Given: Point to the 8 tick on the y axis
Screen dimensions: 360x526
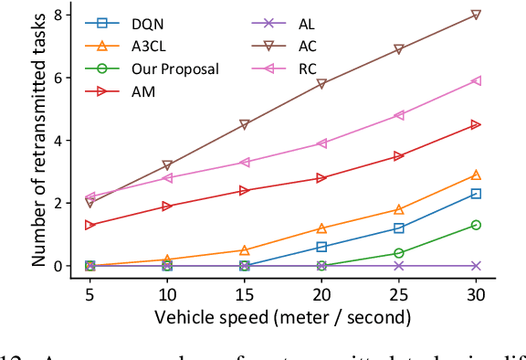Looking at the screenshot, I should click(60, 15).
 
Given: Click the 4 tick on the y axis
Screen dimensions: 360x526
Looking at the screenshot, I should click(60, 141).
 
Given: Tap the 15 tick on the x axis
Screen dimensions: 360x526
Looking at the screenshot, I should click(244, 292).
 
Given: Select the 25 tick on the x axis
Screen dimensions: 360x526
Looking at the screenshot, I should click(398, 292).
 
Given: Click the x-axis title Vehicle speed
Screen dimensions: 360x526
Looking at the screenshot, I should click(282, 317).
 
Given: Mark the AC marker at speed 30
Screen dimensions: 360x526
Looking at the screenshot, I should click(476, 15).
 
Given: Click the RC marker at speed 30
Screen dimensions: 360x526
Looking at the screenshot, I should click(476, 80).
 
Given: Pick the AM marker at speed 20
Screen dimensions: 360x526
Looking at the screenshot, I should click(321, 178).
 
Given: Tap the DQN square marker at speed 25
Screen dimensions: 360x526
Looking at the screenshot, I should click(398, 228).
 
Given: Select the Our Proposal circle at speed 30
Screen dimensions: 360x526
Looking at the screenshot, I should click(476, 225).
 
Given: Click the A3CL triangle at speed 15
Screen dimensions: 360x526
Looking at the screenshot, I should click(244, 250).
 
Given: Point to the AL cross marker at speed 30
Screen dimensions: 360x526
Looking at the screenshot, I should click(476, 266).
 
